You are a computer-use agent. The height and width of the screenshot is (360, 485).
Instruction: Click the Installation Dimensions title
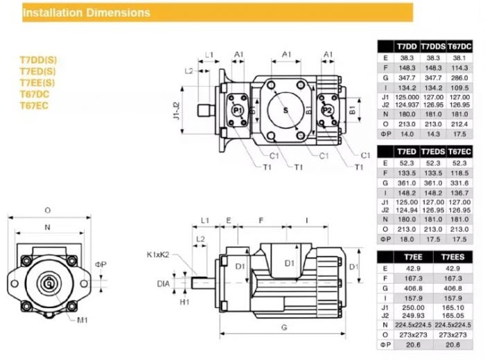[87, 12]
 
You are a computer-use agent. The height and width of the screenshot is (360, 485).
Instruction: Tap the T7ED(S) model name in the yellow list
[37, 71]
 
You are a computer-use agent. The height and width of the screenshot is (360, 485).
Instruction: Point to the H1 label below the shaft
[185, 302]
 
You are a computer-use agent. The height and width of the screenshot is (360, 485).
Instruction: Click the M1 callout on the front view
[84, 320]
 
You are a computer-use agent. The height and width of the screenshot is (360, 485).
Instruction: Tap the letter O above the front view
[48, 209]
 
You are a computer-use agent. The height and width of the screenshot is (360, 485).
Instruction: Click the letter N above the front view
[48, 226]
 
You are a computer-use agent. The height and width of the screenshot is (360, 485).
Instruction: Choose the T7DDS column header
[434, 45]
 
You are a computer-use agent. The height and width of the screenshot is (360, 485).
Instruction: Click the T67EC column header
[459, 150]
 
